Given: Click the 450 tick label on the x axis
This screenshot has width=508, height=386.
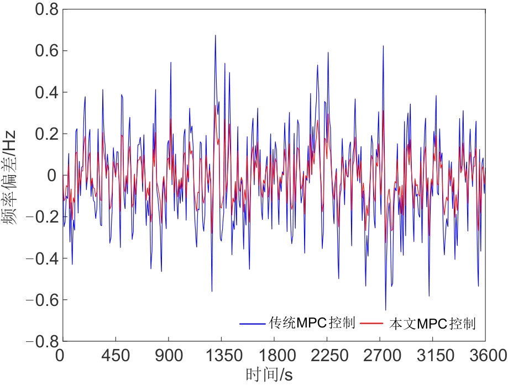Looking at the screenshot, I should pyautogui.click(x=116, y=355).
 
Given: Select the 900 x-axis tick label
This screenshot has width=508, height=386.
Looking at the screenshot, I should pyautogui.click(x=169, y=355).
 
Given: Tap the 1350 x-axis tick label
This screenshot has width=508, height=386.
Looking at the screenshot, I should pyautogui.click(x=221, y=355).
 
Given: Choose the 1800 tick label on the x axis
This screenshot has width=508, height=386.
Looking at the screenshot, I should pyautogui.click(x=275, y=355).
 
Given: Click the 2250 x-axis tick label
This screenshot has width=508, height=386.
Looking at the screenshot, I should pyautogui.click(x=328, y=355).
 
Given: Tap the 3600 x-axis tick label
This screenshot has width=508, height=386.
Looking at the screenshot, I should pyautogui.click(x=486, y=355).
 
